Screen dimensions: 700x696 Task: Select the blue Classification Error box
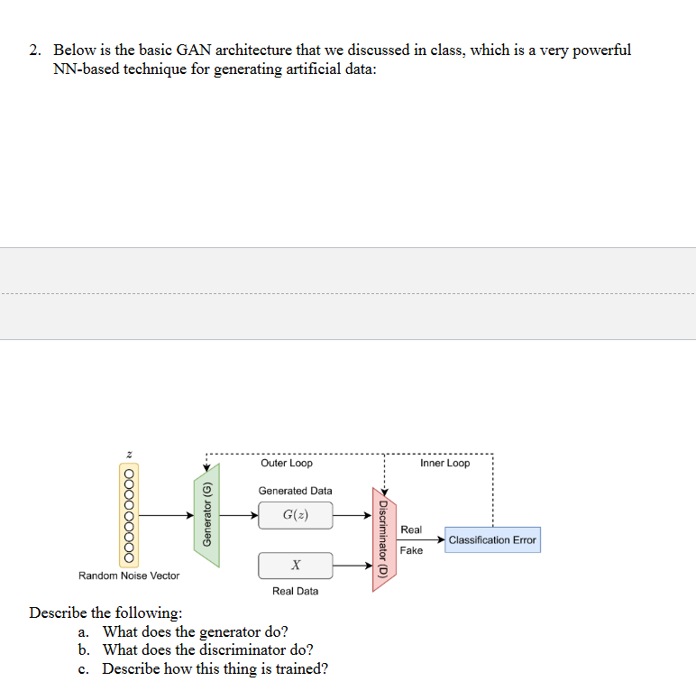[x=492, y=539]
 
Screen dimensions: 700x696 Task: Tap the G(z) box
[x=295, y=515]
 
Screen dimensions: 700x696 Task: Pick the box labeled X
[x=295, y=566]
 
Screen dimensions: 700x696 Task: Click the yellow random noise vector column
[x=129, y=515]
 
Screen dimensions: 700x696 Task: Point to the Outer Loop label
[x=287, y=463]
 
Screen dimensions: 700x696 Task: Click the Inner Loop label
[x=444, y=463]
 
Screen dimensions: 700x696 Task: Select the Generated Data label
[x=295, y=491]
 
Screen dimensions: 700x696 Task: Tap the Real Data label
[x=295, y=591]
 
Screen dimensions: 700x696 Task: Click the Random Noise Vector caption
[x=129, y=576]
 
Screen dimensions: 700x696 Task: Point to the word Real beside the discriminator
[x=411, y=530]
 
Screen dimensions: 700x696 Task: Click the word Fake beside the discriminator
[x=411, y=550]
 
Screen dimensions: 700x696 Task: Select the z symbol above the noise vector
[x=129, y=453]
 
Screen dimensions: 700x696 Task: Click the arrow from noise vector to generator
[x=167, y=515]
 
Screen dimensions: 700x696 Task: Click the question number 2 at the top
[x=34, y=51]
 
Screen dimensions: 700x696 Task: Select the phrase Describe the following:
[x=105, y=612]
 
